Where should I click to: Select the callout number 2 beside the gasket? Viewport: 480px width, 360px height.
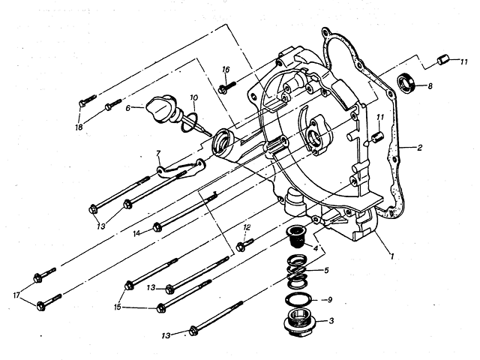(x=419, y=148)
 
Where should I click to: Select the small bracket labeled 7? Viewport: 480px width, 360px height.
(x=181, y=169)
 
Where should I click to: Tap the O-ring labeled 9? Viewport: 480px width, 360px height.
(x=298, y=299)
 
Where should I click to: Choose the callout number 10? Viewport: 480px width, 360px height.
(x=193, y=97)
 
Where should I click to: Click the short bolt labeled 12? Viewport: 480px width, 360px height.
(x=245, y=244)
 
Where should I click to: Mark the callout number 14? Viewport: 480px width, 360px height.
(x=136, y=233)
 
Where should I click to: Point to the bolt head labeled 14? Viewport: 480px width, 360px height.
(x=157, y=227)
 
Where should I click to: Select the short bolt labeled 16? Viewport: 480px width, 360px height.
(x=227, y=85)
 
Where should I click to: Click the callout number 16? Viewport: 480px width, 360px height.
(x=226, y=70)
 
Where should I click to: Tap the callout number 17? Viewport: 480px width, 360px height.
(x=16, y=295)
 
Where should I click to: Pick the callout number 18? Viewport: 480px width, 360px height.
(x=79, y=127)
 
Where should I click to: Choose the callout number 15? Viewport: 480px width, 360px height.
(x=118, y=307)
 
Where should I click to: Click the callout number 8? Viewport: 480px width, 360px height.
(x=430, y=86)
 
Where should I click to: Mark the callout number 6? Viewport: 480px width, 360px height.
(x=127, y=108)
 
